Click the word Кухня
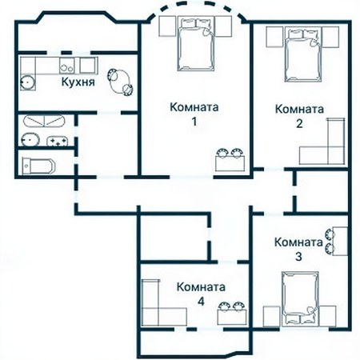[x=78, y=82]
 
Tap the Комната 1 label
[x=194, y=114]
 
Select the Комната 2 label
[x=299, y=116]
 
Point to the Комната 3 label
[x=298, y=249]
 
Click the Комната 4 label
[x=201, y=294]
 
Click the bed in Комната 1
[x=196, y=44]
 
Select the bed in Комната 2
[x=303, y=54]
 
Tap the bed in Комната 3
[x=300, y=298]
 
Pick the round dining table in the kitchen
[x=120, y=82]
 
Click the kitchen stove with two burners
[x=66, y=66]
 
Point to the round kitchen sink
[x=27, y=82]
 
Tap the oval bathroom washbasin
[x=30, y=139]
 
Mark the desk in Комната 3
[x=340, y=241]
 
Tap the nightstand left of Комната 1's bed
[x=167, y=26]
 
